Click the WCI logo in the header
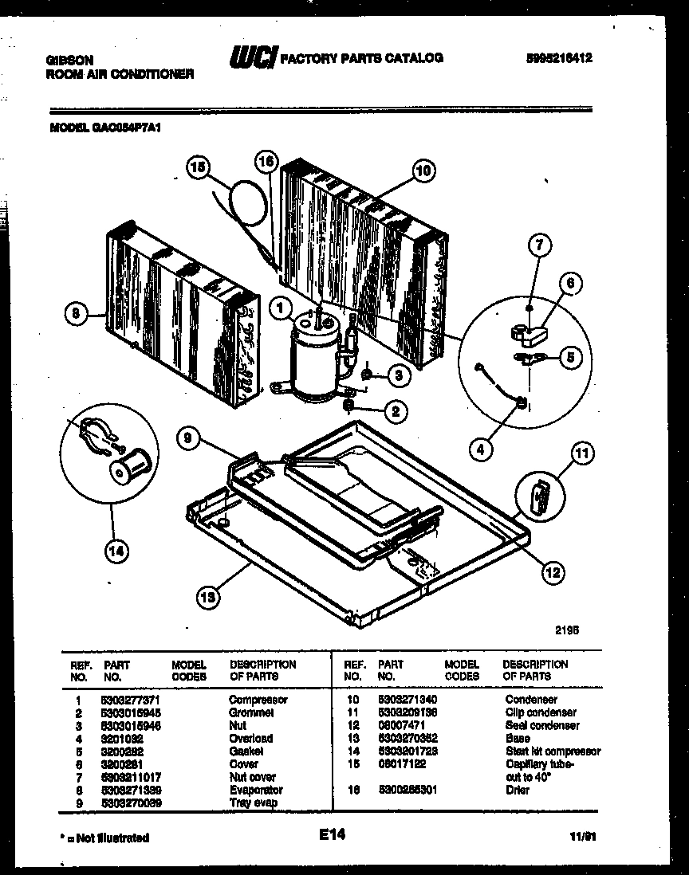point(253,58)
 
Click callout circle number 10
point(423,169)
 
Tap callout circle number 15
point(197,167)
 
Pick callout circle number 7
point(538,247)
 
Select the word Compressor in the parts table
point(258,700)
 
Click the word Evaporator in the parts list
point(256,790)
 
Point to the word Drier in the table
point(517,790)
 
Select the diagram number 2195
point(566,629)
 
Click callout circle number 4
point(479,450)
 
